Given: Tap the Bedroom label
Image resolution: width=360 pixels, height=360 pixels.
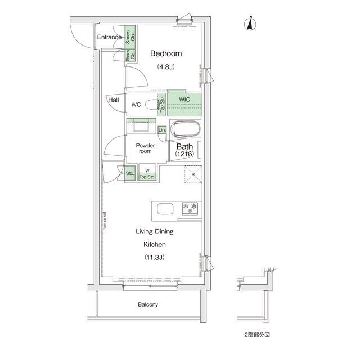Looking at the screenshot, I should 166,54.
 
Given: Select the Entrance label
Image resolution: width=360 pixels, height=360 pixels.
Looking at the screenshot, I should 109,38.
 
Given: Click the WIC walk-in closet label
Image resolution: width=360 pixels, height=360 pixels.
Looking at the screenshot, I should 184,100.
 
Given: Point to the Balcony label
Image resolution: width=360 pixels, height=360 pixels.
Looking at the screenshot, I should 148,305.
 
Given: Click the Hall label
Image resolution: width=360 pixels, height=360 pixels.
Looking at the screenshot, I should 114,100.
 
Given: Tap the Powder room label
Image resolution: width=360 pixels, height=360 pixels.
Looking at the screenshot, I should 146,148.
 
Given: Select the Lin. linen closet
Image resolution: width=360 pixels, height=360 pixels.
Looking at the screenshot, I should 162,130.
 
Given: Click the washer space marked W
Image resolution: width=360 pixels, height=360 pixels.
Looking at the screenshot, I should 147,171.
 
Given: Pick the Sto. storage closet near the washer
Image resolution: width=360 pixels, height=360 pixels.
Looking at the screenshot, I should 130,173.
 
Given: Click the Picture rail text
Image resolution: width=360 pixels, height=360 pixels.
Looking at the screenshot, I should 105,221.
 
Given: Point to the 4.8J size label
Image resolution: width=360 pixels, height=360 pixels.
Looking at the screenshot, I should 166,67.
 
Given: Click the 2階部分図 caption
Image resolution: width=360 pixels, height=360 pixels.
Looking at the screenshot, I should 257,335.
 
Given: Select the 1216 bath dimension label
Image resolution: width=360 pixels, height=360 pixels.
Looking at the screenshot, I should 184,154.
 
